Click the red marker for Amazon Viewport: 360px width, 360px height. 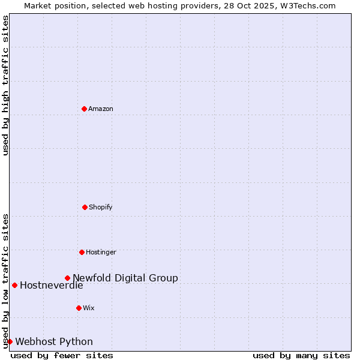pyautogui.click(x=84, y=109)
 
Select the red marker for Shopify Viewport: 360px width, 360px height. pyautogui.click(x=85, y=207)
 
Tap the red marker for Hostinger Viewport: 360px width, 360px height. pyautogui.click(x=82, y=252)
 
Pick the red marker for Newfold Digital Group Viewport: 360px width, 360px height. pyautogui.click(x=67, y=278)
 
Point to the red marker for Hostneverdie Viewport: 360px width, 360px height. pyautogui.click(x=14, y=285)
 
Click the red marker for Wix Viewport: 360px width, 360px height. pyautogui.click(x=79, y=308)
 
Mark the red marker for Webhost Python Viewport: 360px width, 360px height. pyautogui.click(x=10, y=341)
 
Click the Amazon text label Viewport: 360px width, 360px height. pyautogui.click(x=101, y=109)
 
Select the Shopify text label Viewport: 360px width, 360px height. pyautogui.click(x=101, y=207)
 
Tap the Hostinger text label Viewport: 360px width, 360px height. pyautogui.click(x=101, y=252)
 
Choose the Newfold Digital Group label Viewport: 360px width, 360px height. pyautogui.click(x=125, y=278)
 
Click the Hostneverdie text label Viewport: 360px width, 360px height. pyautogui.click(x=51, y=285)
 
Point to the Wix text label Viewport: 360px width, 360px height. pyautogui.click(x=89, y=308)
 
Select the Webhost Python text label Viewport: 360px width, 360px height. pyautogui.click(x=54, y=341)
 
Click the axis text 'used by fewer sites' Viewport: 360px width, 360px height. pyautogui.click(x=62, y=355)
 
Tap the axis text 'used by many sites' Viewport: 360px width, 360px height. pyautogui.click(x=301, y=355)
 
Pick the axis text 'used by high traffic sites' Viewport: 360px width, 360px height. pyautogui.click(x=5, y=85)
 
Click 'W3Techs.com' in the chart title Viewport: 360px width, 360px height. pyautogui.click(x=310, y=5)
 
